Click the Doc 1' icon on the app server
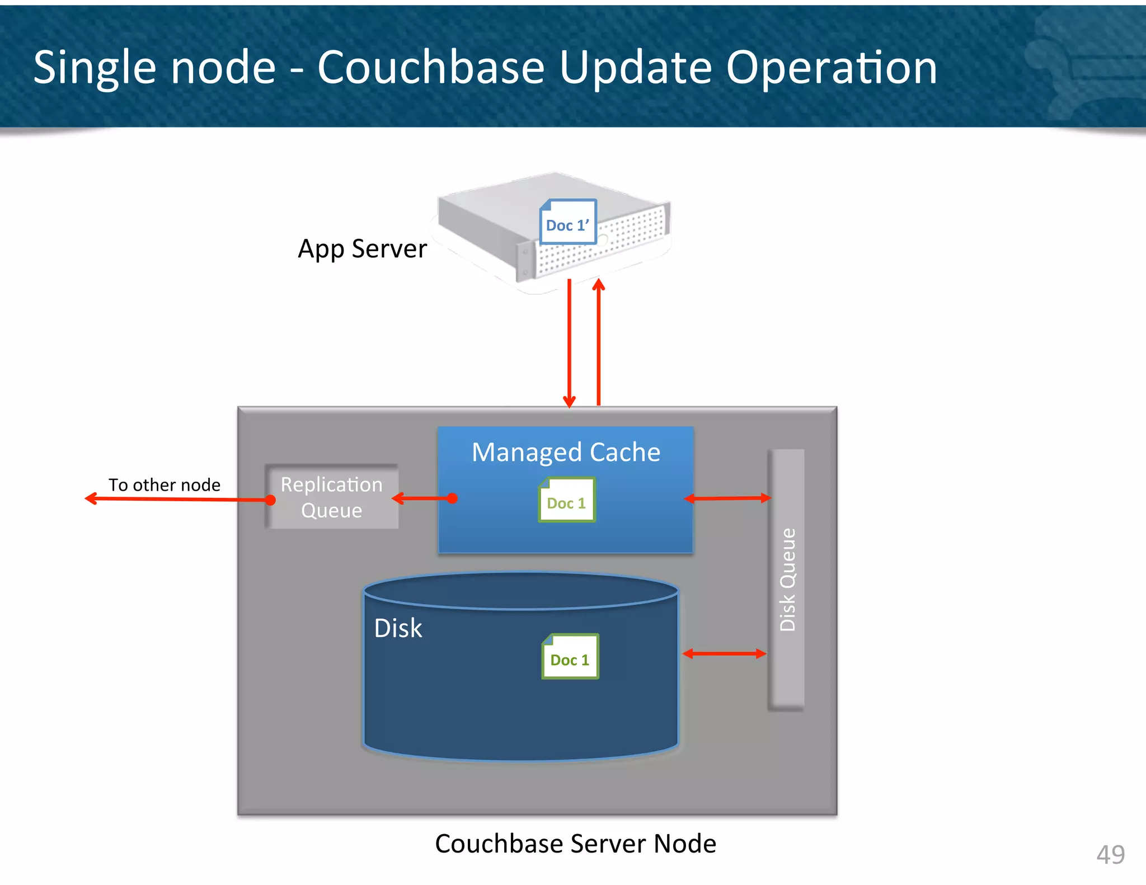click(x=567, y=222)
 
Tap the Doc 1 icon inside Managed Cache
click(x=566, y=500)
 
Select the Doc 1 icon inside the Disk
click(x=570, y=657)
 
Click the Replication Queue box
click(x=332, y=497)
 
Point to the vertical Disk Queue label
click(x=787, y=580)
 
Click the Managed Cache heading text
click(x=566, y=452)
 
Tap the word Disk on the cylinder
click(x=398, y=628)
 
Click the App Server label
click(x=362, y=249)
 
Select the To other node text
click(x=165, y=484)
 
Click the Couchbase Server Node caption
click(x=575, y=844)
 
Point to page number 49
click(x=1110, y=854)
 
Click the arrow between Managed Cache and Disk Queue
click(x=727, y=498)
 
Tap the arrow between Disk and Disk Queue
click(x=724, y=653)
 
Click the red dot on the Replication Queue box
click(x=270, y=500)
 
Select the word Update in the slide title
click(x=636, y=68)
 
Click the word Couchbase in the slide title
click(x=431, y=67)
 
